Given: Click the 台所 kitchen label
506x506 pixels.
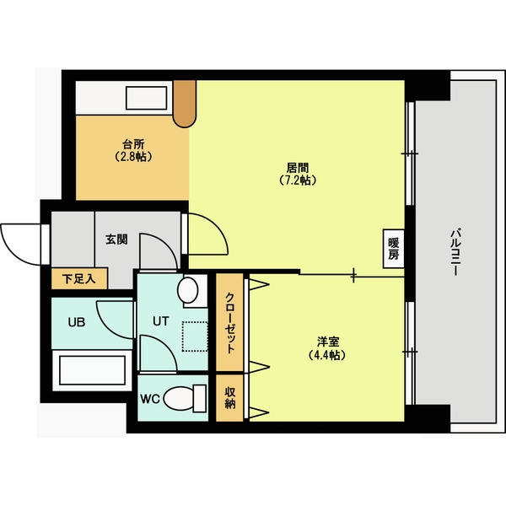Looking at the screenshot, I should [x=131, y=143].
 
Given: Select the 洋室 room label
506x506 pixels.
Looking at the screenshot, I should [x=328, y=342].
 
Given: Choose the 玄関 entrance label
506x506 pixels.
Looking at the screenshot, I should [x=116, y=240].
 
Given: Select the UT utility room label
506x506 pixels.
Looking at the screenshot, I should [x=161, y=320].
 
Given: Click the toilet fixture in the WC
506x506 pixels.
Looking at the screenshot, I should [x=186, y=396].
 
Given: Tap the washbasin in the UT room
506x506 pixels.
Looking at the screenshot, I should [x=188, y=292].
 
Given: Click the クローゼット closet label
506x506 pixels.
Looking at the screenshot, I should [x=229, y=324].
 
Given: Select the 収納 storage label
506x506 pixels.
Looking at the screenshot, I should [x=229, y=396].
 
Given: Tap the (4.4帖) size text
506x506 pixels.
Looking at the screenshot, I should [x=328, y=355].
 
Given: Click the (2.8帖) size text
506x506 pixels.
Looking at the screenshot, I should [x=131, y=156].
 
